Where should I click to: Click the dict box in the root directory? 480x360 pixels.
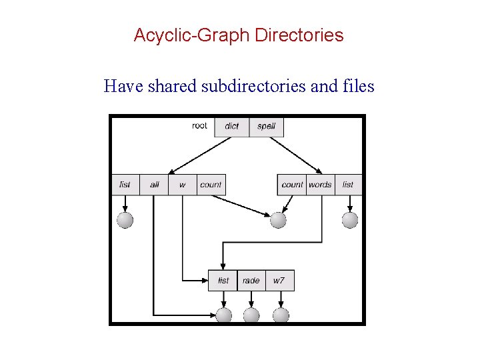(231, 126)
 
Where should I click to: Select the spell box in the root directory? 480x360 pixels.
(266, 126)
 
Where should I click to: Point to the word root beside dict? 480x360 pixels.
(199, 125)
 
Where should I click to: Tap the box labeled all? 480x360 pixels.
(154, 185)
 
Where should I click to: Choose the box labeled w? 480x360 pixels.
(182, 185)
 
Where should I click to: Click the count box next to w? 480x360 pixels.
(211, 185)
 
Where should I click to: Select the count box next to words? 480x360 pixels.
(292, 185)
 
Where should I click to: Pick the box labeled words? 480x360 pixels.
(320, 185)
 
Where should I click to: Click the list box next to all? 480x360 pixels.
(125, 185)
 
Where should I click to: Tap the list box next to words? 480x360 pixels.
(348, 185)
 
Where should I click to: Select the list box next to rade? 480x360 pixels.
(223, 281)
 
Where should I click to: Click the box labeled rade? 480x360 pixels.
(251, 281)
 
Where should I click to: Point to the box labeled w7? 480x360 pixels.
(279, 281)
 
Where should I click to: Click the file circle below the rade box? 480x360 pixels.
(251, 315)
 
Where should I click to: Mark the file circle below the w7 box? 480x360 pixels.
(281, 315)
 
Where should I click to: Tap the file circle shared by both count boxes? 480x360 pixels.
(278, 220)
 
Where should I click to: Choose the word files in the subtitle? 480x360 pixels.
(357, 86)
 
